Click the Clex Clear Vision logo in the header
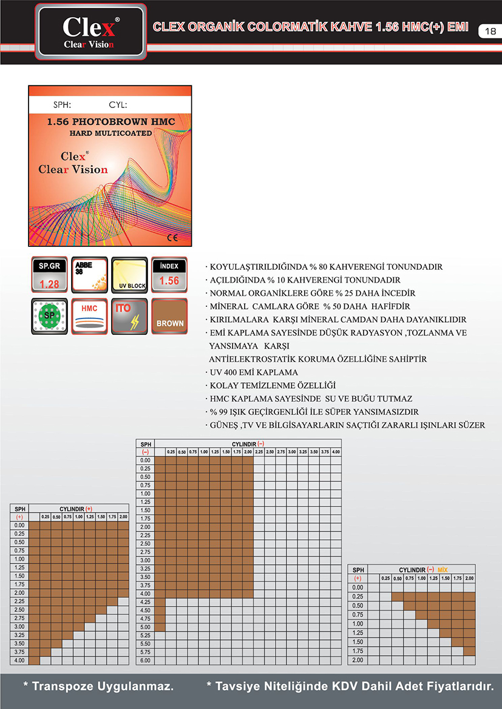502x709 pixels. (90, 31)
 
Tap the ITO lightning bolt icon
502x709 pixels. (129, 316)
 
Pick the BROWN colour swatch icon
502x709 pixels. (169, 316)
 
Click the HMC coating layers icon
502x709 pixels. (89, 316)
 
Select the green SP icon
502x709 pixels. (49, 316)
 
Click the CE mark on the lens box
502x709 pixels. (172, 238)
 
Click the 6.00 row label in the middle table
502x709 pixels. (145, 660)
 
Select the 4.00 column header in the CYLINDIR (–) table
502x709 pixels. (335, 452)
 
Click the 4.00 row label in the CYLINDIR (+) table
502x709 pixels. (19, 660)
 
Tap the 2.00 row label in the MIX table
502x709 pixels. (358, 660)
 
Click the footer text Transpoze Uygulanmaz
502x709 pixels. (98, 686)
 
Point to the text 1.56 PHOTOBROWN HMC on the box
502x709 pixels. (111, 122)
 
